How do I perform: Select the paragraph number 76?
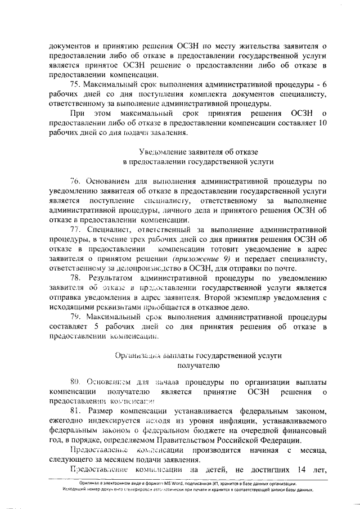click(76, 182)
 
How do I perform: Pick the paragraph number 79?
click(76, 317)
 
